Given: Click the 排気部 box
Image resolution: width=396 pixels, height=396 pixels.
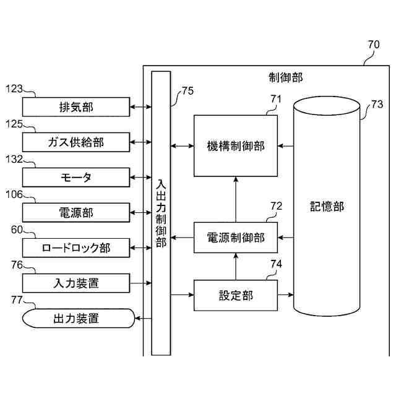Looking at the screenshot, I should tap(76, 107).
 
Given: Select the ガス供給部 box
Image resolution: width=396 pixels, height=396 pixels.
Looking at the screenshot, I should tap(76, 142).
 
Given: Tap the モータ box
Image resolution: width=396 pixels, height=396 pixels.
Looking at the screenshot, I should tap(76, 178).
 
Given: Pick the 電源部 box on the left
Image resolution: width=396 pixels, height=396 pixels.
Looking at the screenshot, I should tap(76, 213).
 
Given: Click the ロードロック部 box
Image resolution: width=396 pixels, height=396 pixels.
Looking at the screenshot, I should tap(76, 248).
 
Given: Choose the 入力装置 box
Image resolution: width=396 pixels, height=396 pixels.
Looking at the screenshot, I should tap(76, 283).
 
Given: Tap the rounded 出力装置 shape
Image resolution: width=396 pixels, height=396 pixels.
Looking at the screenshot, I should tap(77, 319).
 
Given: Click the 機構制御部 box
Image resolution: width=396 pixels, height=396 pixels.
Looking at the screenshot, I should tap(235, 146).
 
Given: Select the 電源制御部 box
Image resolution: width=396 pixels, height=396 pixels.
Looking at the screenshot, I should tap(235, 237).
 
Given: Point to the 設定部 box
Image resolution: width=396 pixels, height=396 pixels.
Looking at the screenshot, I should tap(235, 295).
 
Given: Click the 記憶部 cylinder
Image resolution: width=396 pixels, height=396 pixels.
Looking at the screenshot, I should tap(327, 206).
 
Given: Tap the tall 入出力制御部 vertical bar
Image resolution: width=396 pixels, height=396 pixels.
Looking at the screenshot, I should tap(161, 213).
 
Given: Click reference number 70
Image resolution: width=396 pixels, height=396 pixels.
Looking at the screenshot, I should tap(374, 45).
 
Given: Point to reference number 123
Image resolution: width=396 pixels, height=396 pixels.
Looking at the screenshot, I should tap(14, 89).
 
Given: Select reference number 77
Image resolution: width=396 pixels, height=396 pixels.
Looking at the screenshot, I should tap(19, 301).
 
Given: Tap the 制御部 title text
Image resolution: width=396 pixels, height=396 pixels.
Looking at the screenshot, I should tap(286, 77).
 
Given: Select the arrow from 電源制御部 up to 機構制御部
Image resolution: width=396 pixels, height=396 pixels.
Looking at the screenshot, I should tap(235, 199).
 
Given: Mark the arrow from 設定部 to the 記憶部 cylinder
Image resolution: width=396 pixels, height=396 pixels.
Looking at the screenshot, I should tap(285, 295).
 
